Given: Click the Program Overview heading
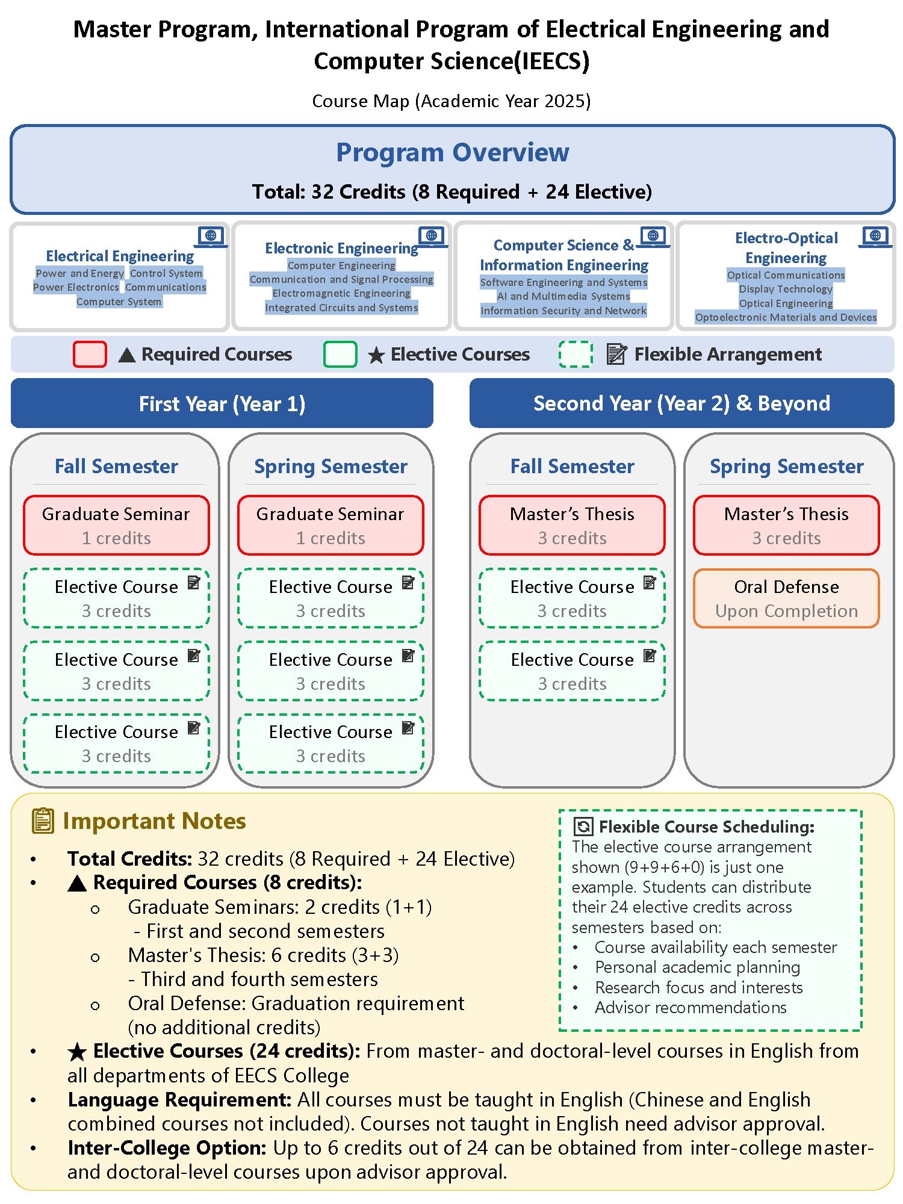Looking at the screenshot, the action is tap(452, 152).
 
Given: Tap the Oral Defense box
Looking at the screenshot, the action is tap(786, 598).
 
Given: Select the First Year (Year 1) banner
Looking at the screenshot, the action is tap(222, 403).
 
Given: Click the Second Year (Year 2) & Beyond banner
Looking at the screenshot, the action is tap(681, 403).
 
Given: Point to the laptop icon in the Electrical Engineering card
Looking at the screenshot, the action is tap(211, 237).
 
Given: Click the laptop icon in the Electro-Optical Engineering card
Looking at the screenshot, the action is tap(875, 237).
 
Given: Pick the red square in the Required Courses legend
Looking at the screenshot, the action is tap(90, 354).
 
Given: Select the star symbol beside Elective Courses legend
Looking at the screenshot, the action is tap(376, 355).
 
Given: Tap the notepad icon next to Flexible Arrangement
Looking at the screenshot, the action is tap(616, 354).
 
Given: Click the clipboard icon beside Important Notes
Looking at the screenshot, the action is tap(43, 821).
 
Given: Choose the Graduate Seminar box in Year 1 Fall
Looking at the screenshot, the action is tap(116, 525).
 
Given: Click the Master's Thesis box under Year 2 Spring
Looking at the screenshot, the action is tap(786, 525).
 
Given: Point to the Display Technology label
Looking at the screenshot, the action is tap(786, 289).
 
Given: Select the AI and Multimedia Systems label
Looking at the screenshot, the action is tap(563, 296).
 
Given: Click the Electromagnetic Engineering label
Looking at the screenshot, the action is tap(341, 293).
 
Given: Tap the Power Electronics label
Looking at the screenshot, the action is tap(76, 287).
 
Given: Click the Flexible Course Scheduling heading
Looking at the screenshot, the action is tap(707, 827).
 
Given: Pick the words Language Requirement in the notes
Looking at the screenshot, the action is tap(180, 1099).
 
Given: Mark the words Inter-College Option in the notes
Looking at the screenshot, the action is tap(167, 1147).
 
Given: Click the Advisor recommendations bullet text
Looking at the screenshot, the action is tap(690, 1007).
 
